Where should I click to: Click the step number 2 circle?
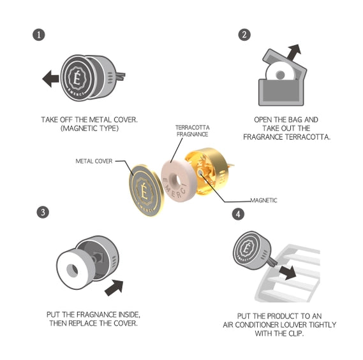244,34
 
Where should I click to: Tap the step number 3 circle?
41,212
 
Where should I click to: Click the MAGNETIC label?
263,200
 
